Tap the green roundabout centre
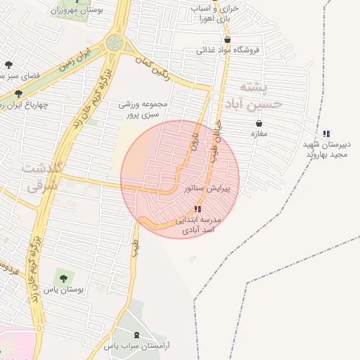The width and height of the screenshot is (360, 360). pyautogui.click(x=113, y=43)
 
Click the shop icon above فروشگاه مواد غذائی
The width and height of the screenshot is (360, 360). pyautogui.click(x=226, y=39)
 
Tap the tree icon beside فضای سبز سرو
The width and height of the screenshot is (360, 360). pyautogui.click(x=8, y=65)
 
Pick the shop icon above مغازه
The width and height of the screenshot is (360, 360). pyautogui.click(x=259, y=124)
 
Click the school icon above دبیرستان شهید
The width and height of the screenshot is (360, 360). pyautogui.click(x=326, y=134)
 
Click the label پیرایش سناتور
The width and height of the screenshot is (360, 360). pyautogui.click(x=211, y=189)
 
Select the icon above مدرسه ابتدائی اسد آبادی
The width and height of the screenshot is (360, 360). pyautogui.click(x=198, y=209)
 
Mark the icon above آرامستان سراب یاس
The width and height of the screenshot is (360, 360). pyautogui.click(x=136, y=335)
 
